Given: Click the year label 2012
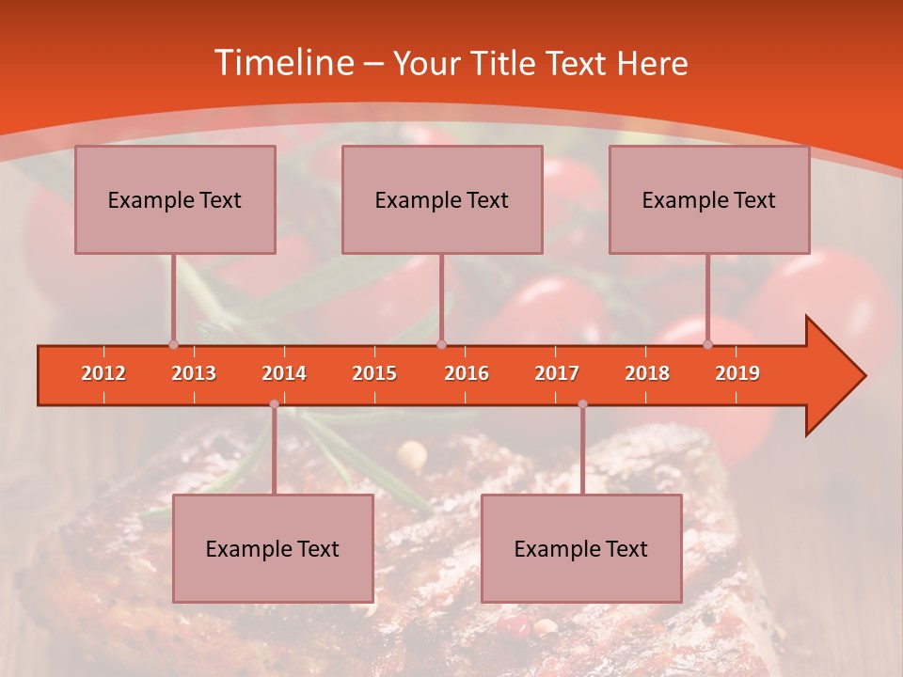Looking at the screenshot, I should [103, 373].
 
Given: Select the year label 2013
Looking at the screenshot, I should [194, 373].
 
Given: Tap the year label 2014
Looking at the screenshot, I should [284, 373].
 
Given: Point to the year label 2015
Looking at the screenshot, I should [374, 373].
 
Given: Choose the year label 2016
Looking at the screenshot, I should [467, 373].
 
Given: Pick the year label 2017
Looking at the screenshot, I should [557, 373].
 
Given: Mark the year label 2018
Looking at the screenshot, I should [647, 373].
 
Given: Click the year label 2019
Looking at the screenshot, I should [737, 373].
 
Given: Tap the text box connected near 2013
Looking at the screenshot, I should [175, 199].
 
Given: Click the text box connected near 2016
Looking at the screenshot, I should [442, 199].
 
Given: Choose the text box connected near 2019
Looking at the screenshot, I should [709, 199].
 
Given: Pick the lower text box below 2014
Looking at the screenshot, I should [273, 548].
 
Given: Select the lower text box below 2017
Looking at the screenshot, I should [581, 548].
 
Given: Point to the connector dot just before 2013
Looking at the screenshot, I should [173, 344].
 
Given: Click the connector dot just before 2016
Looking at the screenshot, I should [441, 344].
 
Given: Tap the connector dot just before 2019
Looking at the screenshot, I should [708, 344].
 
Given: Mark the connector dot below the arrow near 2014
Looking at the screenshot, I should [274, 404].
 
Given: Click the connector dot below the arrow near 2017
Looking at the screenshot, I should [582, 404].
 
